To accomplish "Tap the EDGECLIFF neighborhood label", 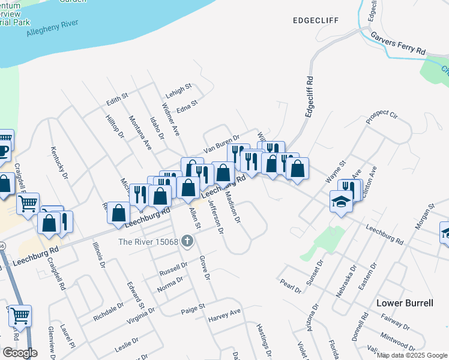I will pyautogui.click(x=315, y=20).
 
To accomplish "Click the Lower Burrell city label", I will pyautogui.click(x=405, y=303).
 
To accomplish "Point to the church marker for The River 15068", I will pyautogui.click(x=187, y=242).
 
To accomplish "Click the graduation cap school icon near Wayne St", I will pyautogui.click(x=340, y=202).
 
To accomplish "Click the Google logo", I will pyautogui.click(x=20, y=353).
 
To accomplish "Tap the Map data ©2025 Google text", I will pyautogui.click(x=412, y=355).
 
